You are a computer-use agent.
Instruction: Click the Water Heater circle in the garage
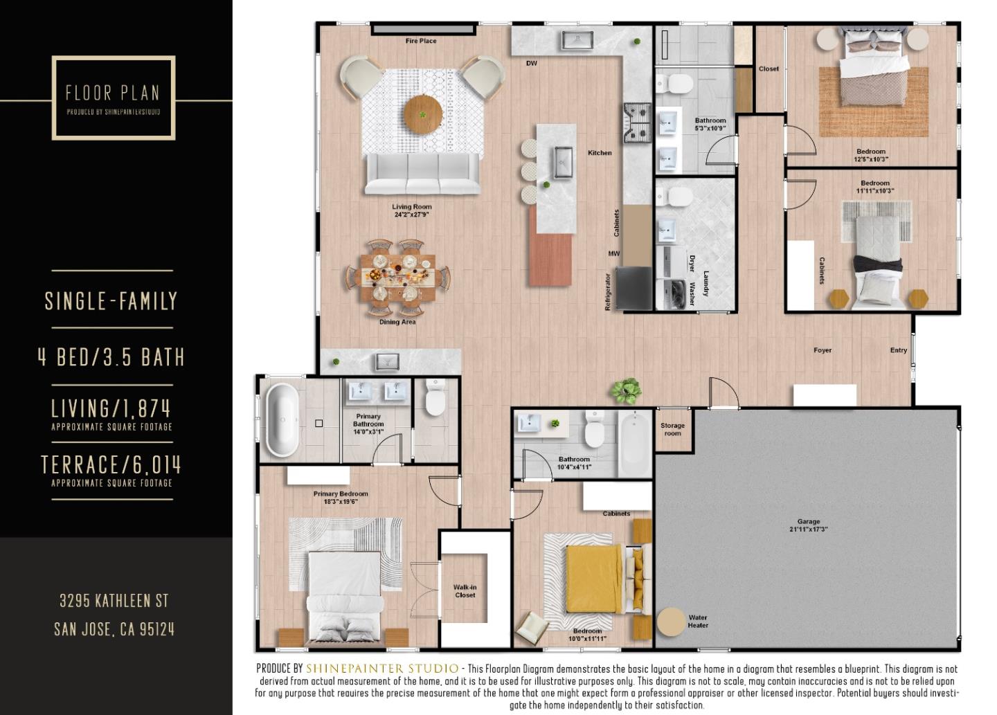(x=670, y=622)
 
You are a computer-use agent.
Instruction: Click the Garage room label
(x=808, y=525)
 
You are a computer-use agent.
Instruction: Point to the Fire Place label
(x=421, y=41)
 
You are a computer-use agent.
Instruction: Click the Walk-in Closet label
(x=465, y=591)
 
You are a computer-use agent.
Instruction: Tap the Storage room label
(x=672, y=430)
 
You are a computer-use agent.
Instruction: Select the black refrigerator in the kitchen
(x=634, y=288)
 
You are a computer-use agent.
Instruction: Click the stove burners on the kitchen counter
(x=638, y=122)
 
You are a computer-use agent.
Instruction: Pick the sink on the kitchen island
(x=563, y=163)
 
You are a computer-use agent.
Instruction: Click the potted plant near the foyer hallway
(x=626, y=390)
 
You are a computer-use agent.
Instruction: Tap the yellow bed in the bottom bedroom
(x=594, y=579)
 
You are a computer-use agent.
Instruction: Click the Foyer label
(x=823, y=350)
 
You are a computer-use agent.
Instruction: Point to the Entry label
(x=898, y=350)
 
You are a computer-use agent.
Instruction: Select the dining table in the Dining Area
(x=398, y=276)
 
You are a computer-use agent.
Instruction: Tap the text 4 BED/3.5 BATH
(x=111, y=357)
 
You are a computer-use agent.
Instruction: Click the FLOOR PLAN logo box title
(x=113, y=93)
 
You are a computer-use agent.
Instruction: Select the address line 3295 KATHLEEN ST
(x=114, y=600)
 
